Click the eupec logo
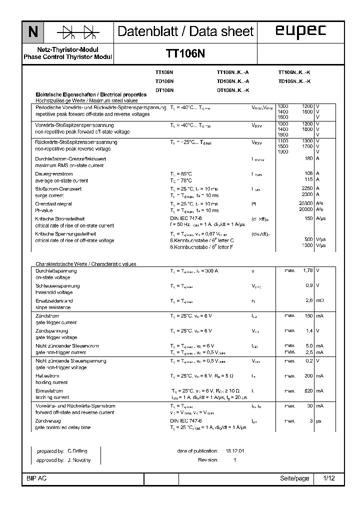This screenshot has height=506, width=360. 300,31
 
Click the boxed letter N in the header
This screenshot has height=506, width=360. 32,32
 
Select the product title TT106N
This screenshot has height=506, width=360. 185,53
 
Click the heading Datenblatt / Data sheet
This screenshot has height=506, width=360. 185,31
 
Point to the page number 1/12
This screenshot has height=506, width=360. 329,478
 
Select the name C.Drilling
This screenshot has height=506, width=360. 77,450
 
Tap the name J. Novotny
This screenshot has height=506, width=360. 77,459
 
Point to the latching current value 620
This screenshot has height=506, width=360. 308,390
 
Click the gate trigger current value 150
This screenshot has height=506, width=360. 308,316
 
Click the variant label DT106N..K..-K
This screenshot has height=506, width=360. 232,90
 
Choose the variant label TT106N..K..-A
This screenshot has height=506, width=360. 232,72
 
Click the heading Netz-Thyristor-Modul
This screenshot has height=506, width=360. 68,50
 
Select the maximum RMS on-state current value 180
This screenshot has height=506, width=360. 308,158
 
